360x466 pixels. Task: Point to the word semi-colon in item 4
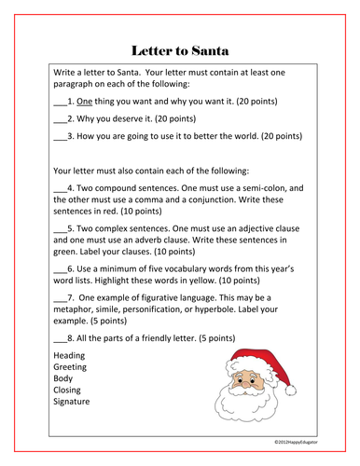270,187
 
